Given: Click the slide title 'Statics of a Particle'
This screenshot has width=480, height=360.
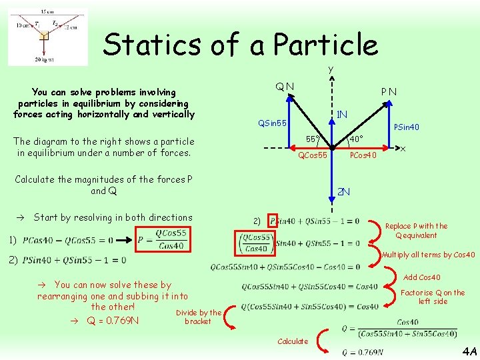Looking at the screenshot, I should (x=240, y=45).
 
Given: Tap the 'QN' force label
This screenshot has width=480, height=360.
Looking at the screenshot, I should (x=286, y=86).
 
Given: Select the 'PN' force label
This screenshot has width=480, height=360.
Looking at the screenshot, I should (x=389, y=91).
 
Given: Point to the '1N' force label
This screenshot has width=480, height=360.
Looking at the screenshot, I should (x=343, y=115).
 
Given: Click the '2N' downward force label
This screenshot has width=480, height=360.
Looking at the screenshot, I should (x=343, y=192).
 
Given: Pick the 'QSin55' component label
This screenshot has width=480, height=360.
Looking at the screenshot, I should (x=273, y=123).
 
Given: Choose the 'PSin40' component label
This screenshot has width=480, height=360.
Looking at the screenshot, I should (x=407, y=127).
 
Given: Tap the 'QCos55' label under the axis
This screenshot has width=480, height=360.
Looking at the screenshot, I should (x=312, y=155).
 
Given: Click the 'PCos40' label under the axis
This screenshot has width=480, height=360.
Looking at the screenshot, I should (x=363, y=155).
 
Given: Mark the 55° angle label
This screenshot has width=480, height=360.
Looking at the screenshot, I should (x=312, y=139).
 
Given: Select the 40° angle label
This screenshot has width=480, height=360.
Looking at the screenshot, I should (x=356, y=139).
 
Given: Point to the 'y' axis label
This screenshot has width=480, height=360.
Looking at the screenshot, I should (x=330, y=69).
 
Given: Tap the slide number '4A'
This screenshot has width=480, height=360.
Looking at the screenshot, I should (x=469, y=351).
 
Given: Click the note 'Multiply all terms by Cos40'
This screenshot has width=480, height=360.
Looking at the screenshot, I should (x=429, y=255).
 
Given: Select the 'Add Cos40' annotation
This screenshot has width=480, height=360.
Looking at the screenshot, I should (x=422, y=277).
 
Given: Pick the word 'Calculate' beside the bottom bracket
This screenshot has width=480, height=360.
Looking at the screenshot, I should (x=293, y=341).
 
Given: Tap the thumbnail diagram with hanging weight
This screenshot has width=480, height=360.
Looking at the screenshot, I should (x=47, y=37).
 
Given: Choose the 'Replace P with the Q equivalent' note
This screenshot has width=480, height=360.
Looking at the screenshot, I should (x=416, y=231).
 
